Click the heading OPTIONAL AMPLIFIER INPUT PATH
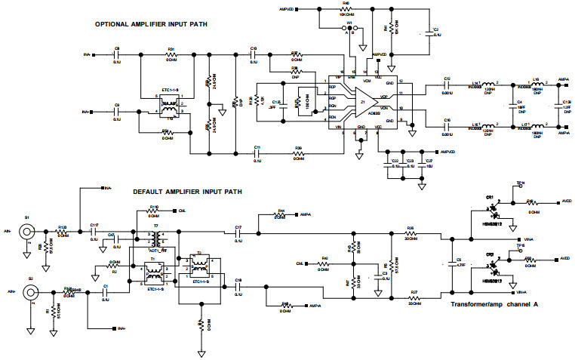tap(151, 24)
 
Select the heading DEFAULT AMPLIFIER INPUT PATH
tap(188, 192)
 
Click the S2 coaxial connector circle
tap(31, 290)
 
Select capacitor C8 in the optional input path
tap(117, 55)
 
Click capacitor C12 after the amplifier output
tap(447, 85)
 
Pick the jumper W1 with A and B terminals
tap(349, 29)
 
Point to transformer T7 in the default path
tap(157, 237)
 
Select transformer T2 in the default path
tap(200, 266)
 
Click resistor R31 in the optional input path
tap(171, 55)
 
